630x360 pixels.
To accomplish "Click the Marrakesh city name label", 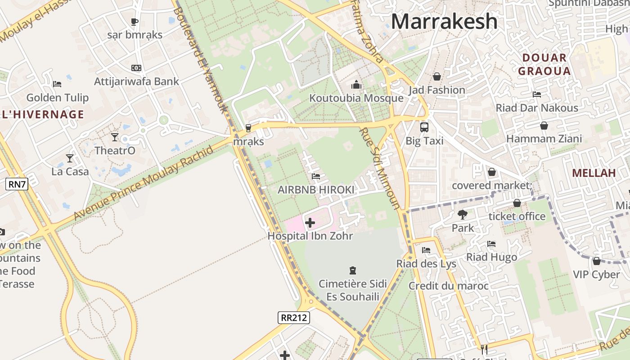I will point(444,22).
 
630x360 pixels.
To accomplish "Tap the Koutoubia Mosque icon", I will point(356,85).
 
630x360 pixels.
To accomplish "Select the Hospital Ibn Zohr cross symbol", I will point(310,222).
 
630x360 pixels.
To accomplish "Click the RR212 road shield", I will point(294,318).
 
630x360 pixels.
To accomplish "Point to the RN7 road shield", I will point(17,184).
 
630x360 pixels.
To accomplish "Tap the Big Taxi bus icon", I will point(424,127).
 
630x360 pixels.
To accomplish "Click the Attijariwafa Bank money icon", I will point(136,68).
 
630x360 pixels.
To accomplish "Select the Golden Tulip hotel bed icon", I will point(57,84).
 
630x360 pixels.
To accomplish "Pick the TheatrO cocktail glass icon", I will point(115,137).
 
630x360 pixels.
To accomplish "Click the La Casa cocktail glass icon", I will point(70,158).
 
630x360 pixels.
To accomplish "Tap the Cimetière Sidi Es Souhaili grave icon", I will point(353,270).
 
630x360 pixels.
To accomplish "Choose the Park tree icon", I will point(462,215).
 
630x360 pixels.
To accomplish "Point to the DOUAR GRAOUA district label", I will point(544,64).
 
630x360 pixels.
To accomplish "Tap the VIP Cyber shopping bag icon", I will point(596,261).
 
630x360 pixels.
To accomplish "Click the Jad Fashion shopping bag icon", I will point(436,76).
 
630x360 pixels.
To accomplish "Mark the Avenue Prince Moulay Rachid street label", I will point(143,183).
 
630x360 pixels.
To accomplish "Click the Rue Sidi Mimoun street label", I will point(380,168).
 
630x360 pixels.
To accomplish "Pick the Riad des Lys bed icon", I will point(426,250).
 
